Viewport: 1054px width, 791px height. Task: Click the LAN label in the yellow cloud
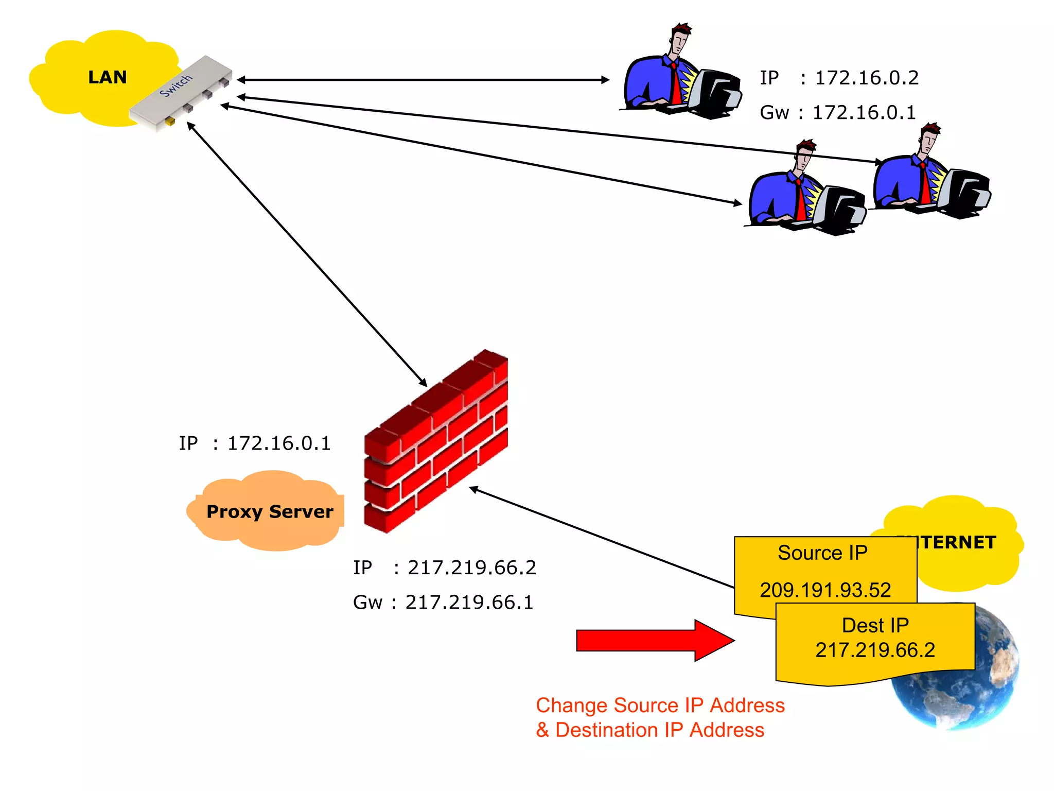[x=107, y=77]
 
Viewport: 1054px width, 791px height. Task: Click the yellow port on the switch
[x=169, y=122]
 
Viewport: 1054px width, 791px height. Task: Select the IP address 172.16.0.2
[x=867, y=78]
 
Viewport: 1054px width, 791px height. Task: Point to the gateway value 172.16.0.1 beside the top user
[x=864, y=112]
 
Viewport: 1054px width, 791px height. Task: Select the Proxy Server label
[x=270, y=511]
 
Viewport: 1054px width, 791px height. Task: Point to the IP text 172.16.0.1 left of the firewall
[x=279, y=443]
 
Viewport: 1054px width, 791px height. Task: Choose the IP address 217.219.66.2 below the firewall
[x=472, y=568]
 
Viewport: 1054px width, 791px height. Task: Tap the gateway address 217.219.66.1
[x=469, y=602]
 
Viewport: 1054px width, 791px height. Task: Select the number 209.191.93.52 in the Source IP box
[x=825, y=590]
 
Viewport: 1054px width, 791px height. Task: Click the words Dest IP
[x=875, y=625]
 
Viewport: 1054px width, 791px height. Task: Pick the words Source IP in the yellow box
[x=822, y=553]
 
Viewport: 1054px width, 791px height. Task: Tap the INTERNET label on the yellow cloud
[x=957, y=542]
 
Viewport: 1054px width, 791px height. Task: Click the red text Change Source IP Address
[x=660, y=705]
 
